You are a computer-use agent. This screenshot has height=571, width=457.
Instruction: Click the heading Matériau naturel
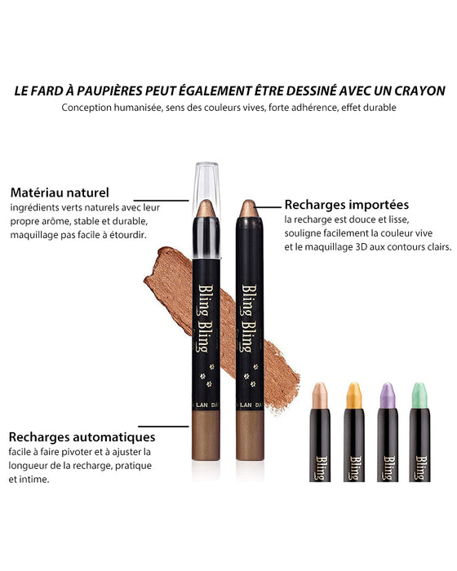coord(60,193)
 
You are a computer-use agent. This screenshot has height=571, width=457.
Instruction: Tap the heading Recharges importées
coord(347,205)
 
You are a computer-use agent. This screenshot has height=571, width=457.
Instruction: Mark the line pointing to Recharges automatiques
coord(171,425)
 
